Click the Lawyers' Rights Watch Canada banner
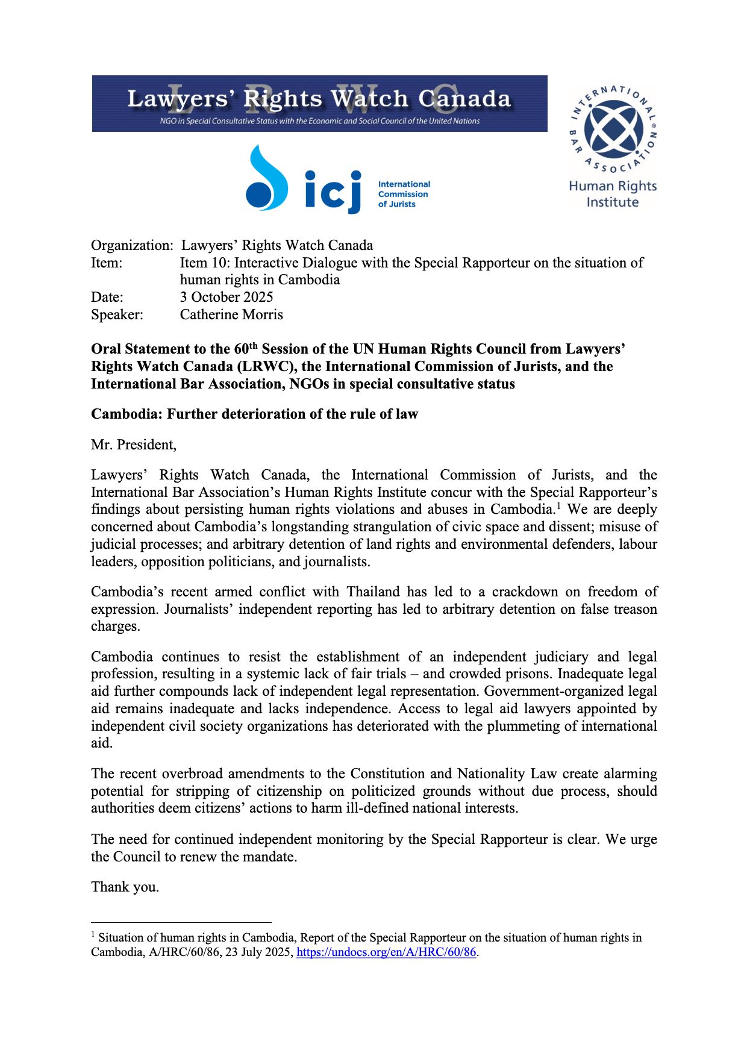click(319, 103)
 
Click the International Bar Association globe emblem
click(613, 128)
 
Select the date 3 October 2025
click(227, 297)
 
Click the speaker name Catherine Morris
click(231, 314)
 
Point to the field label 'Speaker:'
click(117, 314)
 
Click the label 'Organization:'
click(132, 245)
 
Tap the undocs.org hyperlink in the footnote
click(386, 952)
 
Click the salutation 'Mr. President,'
click(134, 445)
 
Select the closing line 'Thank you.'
click(125, 887)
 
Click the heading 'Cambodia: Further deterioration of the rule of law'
click(254, 414)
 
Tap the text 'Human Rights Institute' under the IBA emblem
click(613, 194)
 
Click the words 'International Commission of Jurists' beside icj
click(404, 194)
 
